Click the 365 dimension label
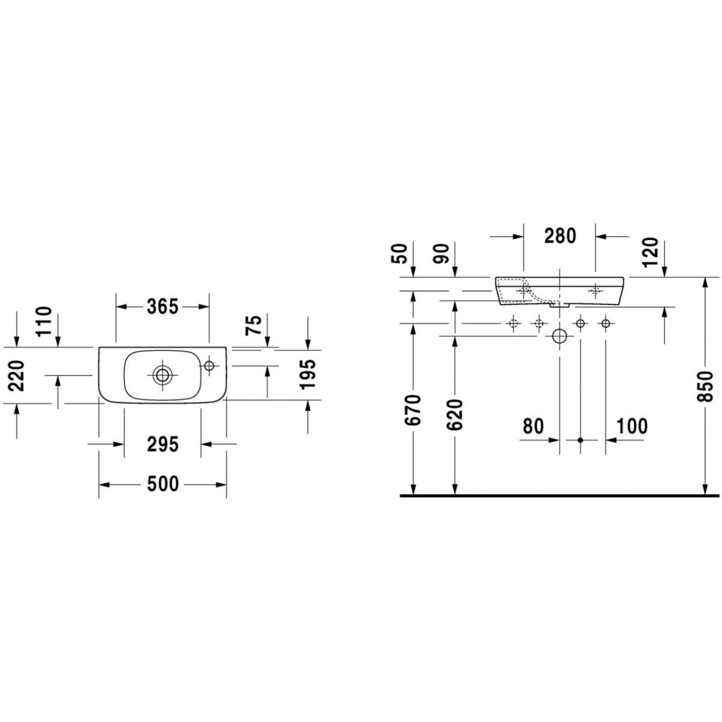point(162,307)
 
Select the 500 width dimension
point(162,484)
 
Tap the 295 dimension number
point(162,445)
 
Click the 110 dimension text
point(44,321)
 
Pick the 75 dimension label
point(254,326)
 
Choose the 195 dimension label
point(308,375)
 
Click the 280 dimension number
point(560,236)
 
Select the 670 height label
point(413,410)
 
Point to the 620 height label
point(455,415)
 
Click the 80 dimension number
point(533,426)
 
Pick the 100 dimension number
point(632,426)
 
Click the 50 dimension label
point(400,254)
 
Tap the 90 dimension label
point(442,254)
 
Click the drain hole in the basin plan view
point(162,374)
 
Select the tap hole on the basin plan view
point(209,365)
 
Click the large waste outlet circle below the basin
point(560,336)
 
